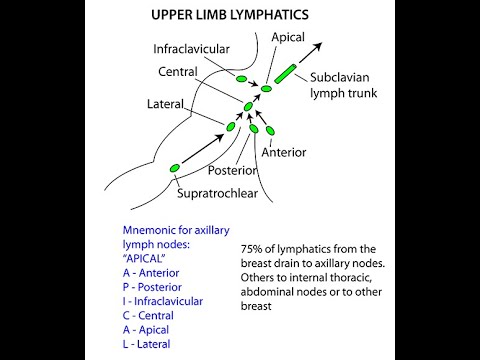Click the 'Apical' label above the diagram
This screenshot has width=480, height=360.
tap(288, 37)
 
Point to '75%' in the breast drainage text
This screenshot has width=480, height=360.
tap(254, 249)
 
